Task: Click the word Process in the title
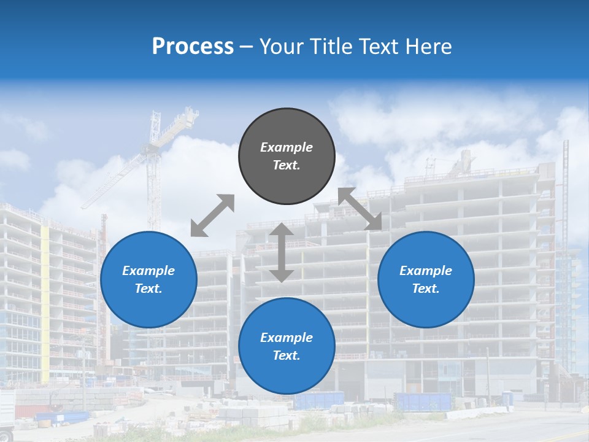(x=193, y=47)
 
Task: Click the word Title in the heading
(x=327, y=47)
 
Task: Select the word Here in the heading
(x=428, y=47)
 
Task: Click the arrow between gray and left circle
(x=212, y=215)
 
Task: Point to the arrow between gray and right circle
(x=360, y=209)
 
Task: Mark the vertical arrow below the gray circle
(x=282, y=253)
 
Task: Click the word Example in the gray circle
(x=287, y=147)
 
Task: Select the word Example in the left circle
(x=148, y=271)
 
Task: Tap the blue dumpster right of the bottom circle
(x=423, y=401)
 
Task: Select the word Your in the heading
(x=280, y=47)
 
